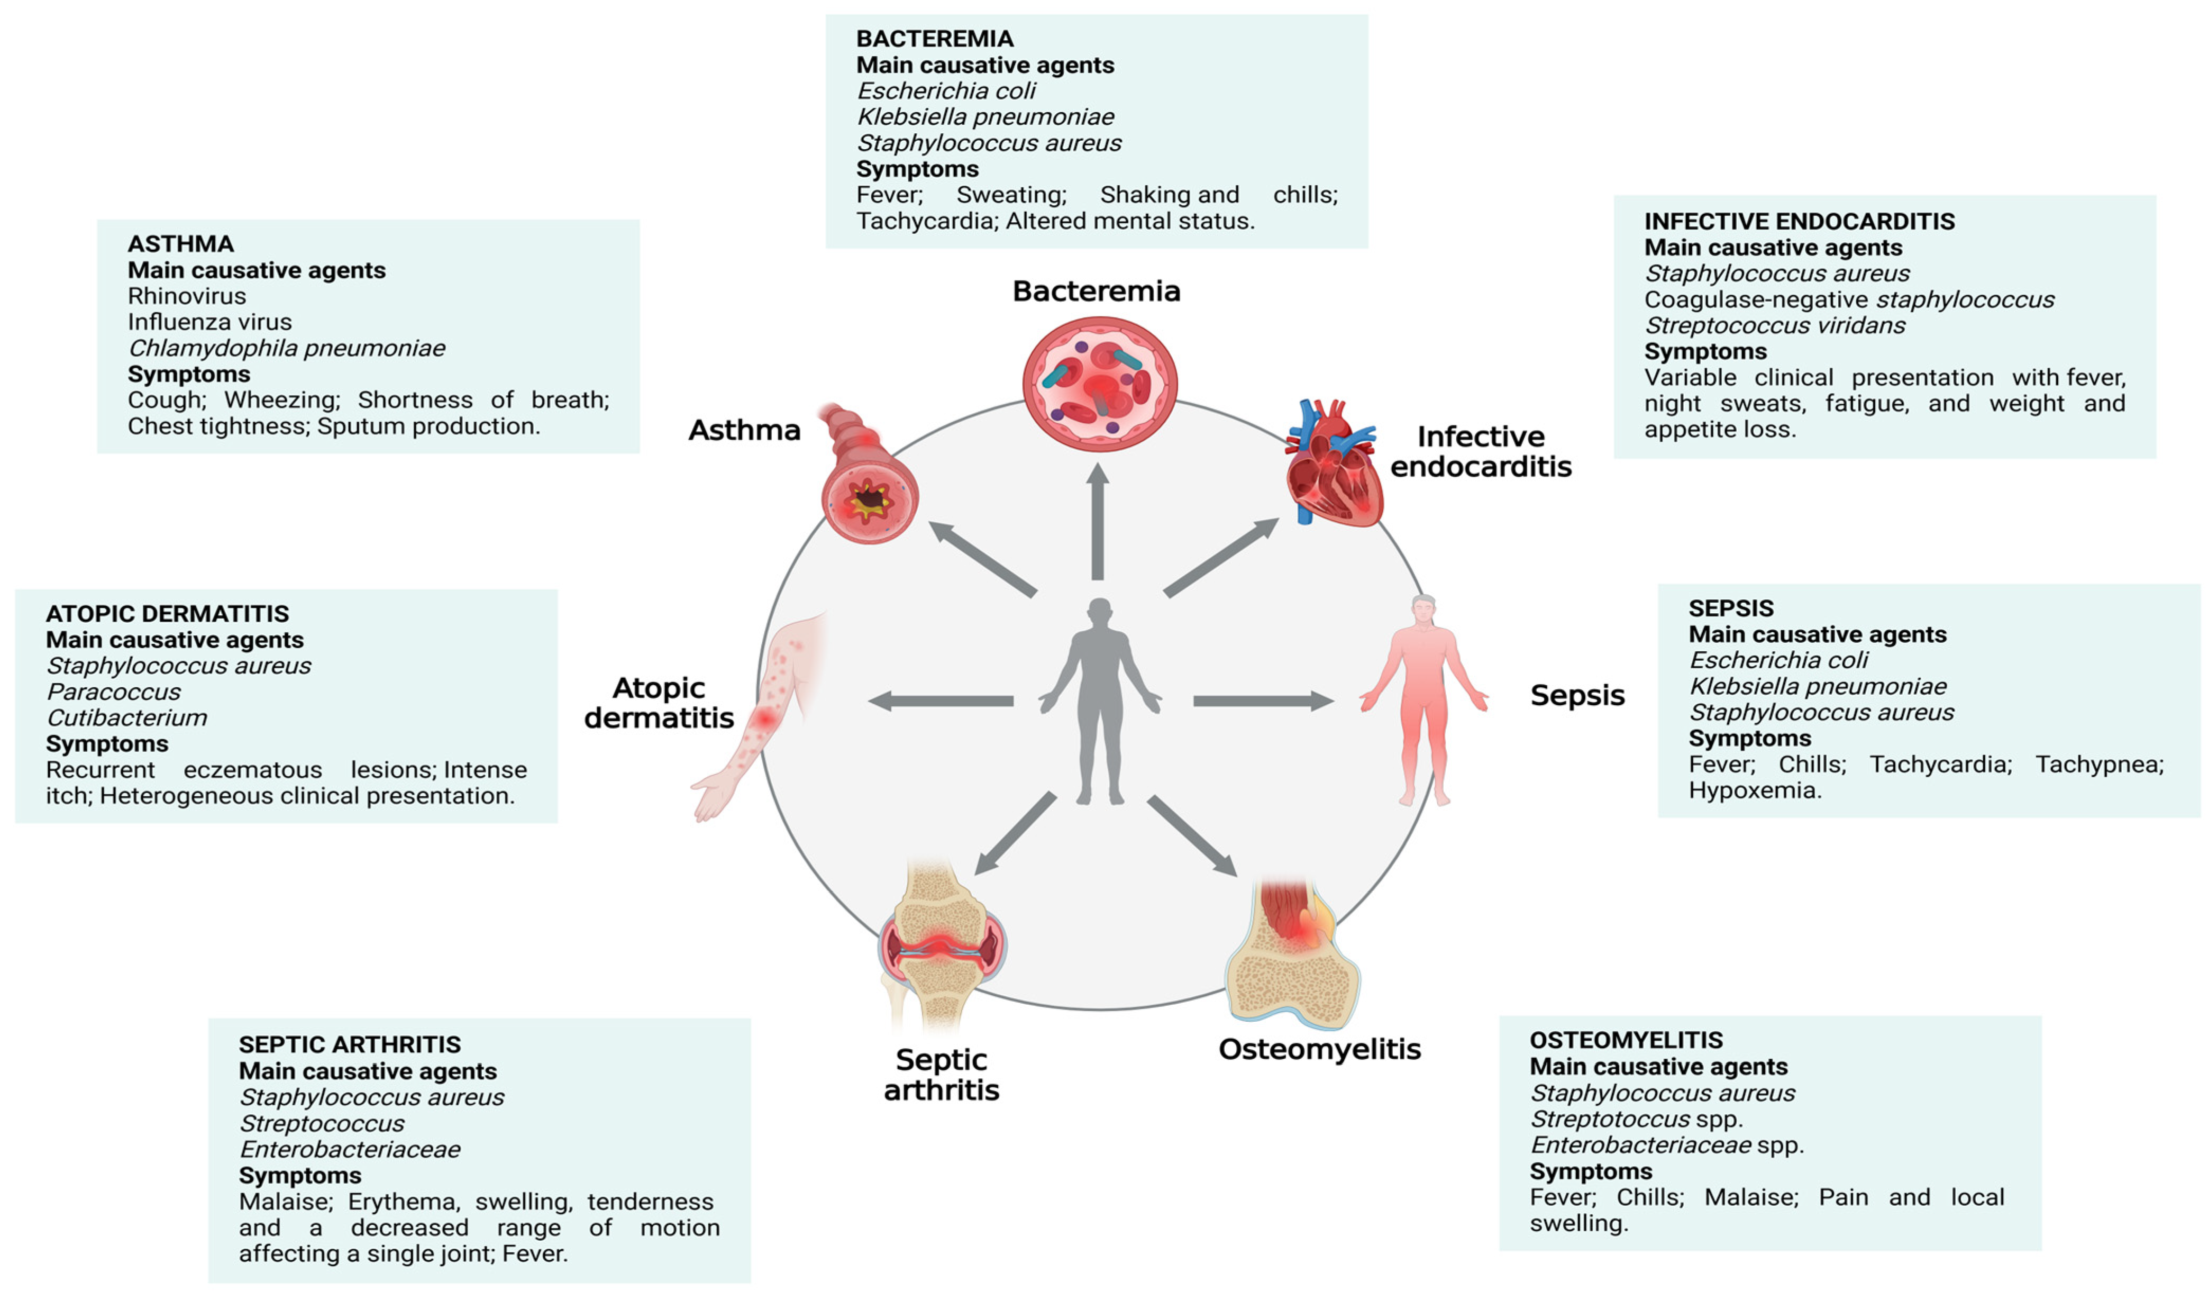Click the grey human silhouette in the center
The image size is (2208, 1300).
tap(1100, 701)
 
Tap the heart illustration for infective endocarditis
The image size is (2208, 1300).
tap(1332, 465)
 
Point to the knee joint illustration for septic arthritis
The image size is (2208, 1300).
tap(942, 947)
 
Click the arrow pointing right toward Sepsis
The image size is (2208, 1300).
tap(1262, 701)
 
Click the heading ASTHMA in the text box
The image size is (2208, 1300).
tap(180, 244)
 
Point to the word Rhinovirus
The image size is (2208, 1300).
tap(187, 296)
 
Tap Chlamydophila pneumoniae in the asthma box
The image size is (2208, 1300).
tap(287, 348)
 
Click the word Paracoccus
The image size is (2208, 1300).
tap(113, 692)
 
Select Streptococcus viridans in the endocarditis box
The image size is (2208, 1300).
tap(1774, 325)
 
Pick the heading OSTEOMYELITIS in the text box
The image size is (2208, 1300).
tap(1626, 1041)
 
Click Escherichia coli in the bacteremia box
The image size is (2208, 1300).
tap(945, 91)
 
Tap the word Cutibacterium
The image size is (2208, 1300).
tap(127, 718)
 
